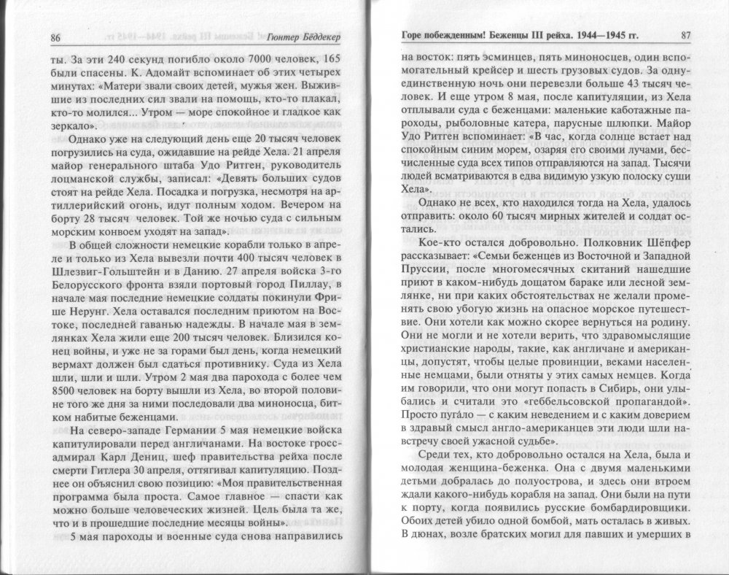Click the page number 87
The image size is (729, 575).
click(685, 36)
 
